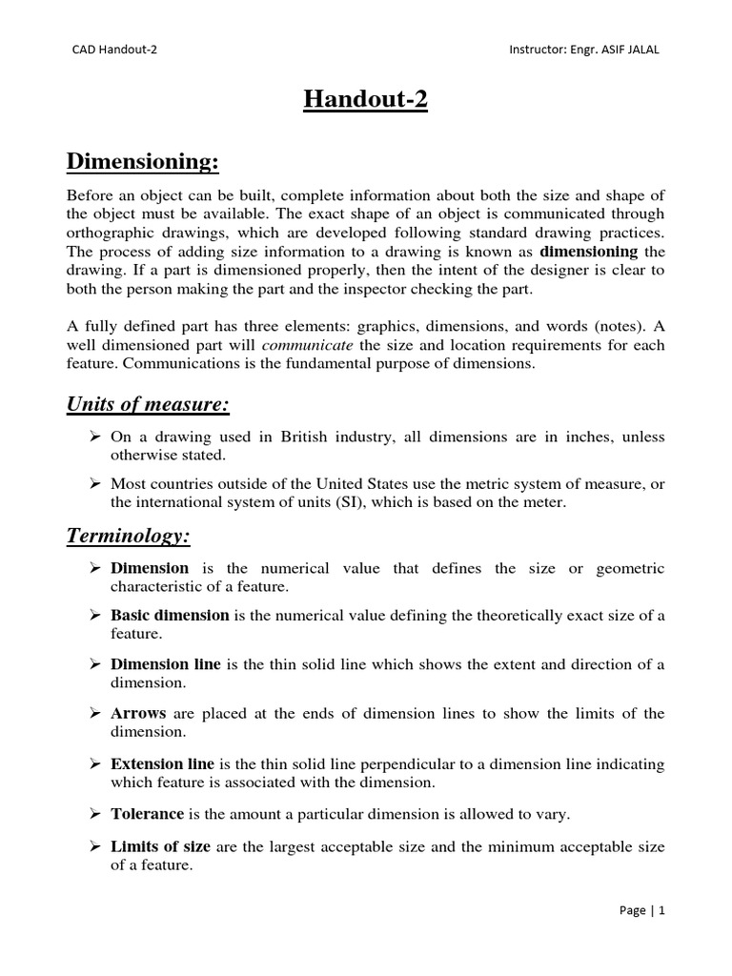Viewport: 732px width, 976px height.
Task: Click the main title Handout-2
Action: [365, 100]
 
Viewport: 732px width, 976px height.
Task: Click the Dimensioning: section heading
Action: [143, 163]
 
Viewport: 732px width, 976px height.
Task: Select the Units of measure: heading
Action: [147, 405]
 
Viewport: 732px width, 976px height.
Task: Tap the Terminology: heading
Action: [128, 537]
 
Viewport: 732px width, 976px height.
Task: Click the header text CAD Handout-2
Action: [114, 51]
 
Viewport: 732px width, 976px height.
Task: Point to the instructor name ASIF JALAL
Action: [624, 51]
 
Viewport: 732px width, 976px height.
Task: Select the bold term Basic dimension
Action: [170, 616]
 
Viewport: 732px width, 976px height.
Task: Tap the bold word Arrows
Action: [138, 714]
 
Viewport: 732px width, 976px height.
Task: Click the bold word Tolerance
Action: [147, 814]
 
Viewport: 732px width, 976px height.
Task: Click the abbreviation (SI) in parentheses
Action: [345, 501]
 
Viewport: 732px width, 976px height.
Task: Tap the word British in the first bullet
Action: [305, 437]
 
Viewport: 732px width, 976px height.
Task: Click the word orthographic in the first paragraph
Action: [112, 234]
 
